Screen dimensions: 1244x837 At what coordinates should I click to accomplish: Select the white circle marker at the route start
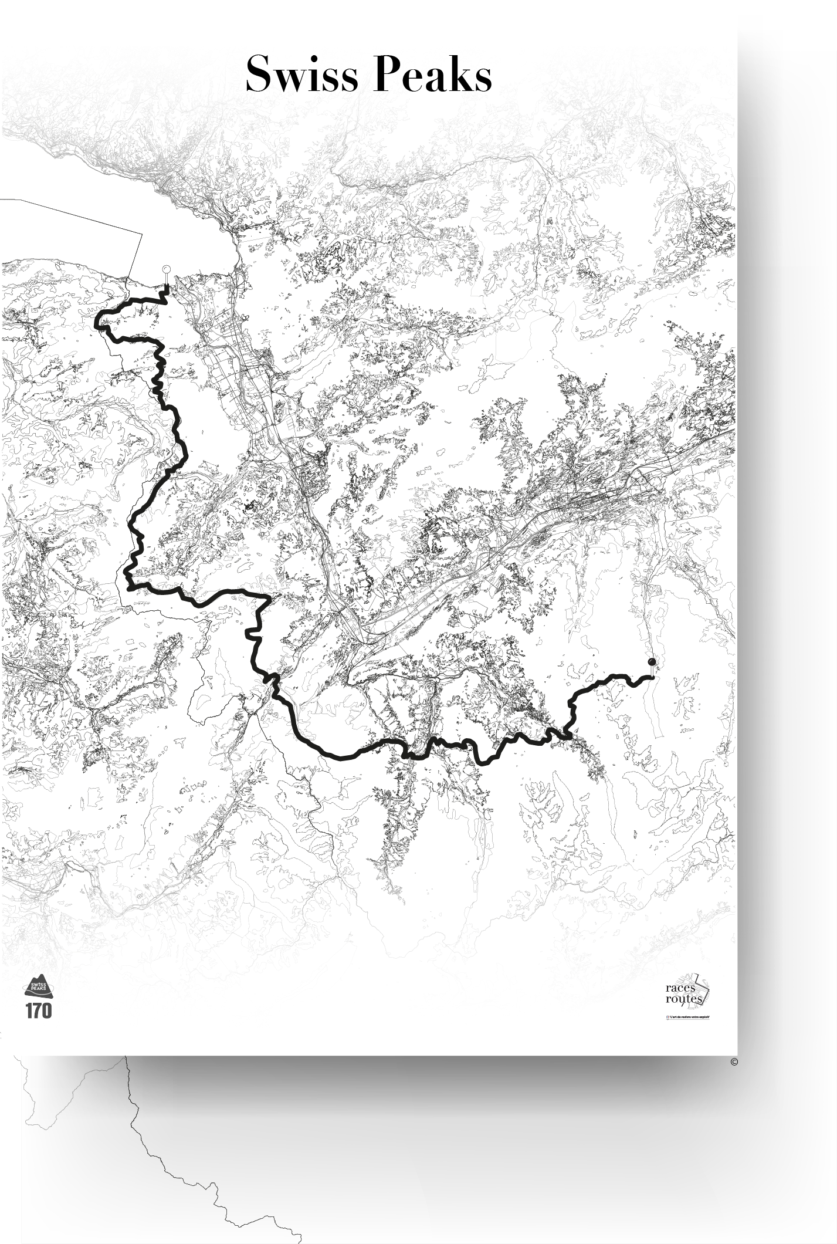click(x=166, y=269)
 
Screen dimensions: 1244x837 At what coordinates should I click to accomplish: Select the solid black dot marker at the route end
click(x=652, y=662)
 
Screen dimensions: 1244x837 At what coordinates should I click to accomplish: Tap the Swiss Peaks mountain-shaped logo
click(x=38, y=985)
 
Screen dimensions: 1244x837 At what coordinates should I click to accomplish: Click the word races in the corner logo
click(x=680, y=989)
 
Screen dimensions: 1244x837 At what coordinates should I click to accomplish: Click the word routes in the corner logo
click(x=683, y=999)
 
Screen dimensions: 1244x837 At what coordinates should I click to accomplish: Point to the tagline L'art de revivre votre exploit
click(x=689, y=1017)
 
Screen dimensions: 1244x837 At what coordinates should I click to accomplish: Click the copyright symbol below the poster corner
click(x=734, y=1061)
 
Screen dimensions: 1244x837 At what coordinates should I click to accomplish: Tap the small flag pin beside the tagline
click(x=667, y=1017)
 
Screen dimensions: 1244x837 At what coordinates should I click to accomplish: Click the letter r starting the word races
click(x=668, y=989)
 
